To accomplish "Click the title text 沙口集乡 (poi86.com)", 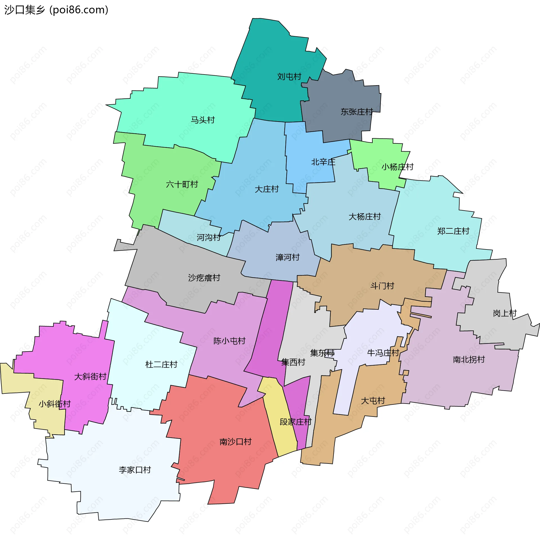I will [x=56, y=10].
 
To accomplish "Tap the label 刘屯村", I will [x=289, y=76].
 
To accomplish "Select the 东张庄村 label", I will [x=357, y=112].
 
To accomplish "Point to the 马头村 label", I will [x=203, y=120].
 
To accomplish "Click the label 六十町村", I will [x=182, y=184].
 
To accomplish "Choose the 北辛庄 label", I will [x=323, y=162].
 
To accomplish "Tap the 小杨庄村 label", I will [x=397, y=167].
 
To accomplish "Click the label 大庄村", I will [x=267, y=189].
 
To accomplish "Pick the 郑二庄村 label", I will [x=453, y=231].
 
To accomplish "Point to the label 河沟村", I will [x=209, y=237].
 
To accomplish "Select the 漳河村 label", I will [x=287, y=257].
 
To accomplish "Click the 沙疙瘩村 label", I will [x=204, y=278].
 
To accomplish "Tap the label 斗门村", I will [x=382, y=286].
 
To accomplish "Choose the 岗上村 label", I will [x=505, y=313].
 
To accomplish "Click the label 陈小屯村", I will [x=229, y=341].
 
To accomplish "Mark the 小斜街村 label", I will [x=55, y=404].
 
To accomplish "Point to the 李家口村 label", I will [x=135, y=470].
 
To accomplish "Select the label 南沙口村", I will [x=235, y=442].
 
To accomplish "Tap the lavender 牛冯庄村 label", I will [x=383, y=353].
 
